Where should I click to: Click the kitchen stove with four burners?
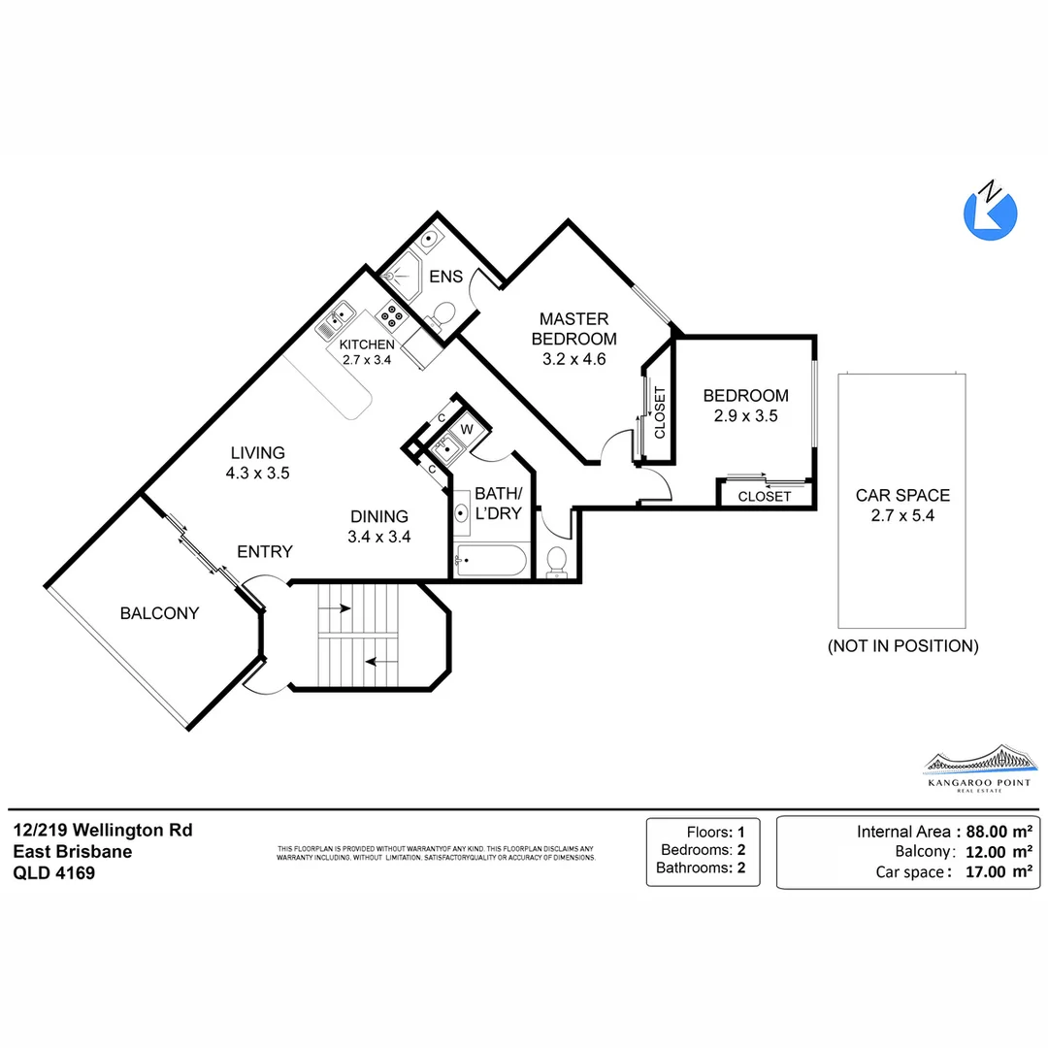pyautogui.click(x=392, y=313)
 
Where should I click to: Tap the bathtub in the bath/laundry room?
pyautogui.click(x=491, y=561)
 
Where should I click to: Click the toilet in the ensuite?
pyautogui.click(x=443, y=313)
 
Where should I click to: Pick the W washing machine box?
pyautogui.click(x=466, y=428)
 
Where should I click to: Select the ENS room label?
pyautogui.click(x=445, y=276)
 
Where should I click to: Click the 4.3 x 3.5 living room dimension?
pyautogui.click(x=257, y=474)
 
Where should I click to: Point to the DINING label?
pyautogui.click(x=378, y=516)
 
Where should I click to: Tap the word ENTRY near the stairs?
pyautogui.click(x=265, y=551)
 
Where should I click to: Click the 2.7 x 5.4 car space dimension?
pyautogui.click(x=902, y=516)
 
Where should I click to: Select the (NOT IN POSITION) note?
pyautogui.click(x=902, y=645)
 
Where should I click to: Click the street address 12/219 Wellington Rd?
pyautogui.click(x=103, y=830)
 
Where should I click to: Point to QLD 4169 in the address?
pyautogui.click(x=53, y=872)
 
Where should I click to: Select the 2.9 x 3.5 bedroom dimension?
pyautogui.click(x=745, y=415)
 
